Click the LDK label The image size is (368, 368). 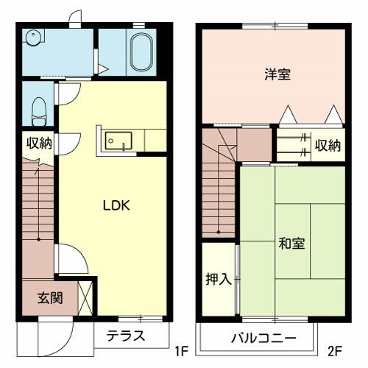tap(116, 206)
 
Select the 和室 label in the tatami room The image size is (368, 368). tap(292, 243)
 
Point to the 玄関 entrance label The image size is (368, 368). tap(50, 298)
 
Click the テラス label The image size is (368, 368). tap(125, 336)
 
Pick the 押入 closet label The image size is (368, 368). tap(218, 279)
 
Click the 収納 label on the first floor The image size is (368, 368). tap(39, 143)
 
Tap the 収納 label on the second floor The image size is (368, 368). tap(328, 145)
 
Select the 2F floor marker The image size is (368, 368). tap(335, 352)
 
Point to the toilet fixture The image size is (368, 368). tap(40, 110)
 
